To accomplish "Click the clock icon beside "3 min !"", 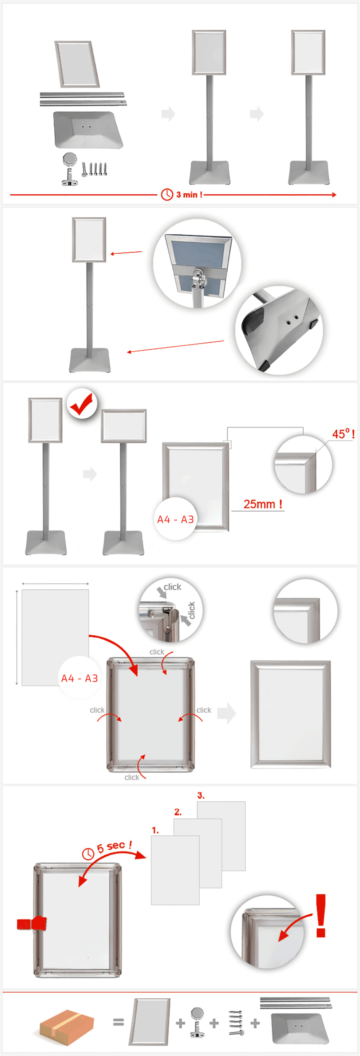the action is (167, 194).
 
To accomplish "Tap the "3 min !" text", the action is (189, 195).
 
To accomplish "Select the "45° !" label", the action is (344, 434).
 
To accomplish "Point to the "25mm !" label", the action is (263, 504).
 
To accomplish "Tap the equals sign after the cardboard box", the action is (118, 1022).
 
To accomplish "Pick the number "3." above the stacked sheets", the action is (201, 795).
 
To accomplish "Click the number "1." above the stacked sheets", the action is (155, 830).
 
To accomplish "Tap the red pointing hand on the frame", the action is (32, 924).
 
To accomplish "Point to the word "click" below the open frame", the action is (132, 777).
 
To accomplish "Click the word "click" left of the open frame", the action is (97, 710).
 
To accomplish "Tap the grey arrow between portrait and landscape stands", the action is (90, 474).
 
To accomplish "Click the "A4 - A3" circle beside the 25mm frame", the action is (176, 519).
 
